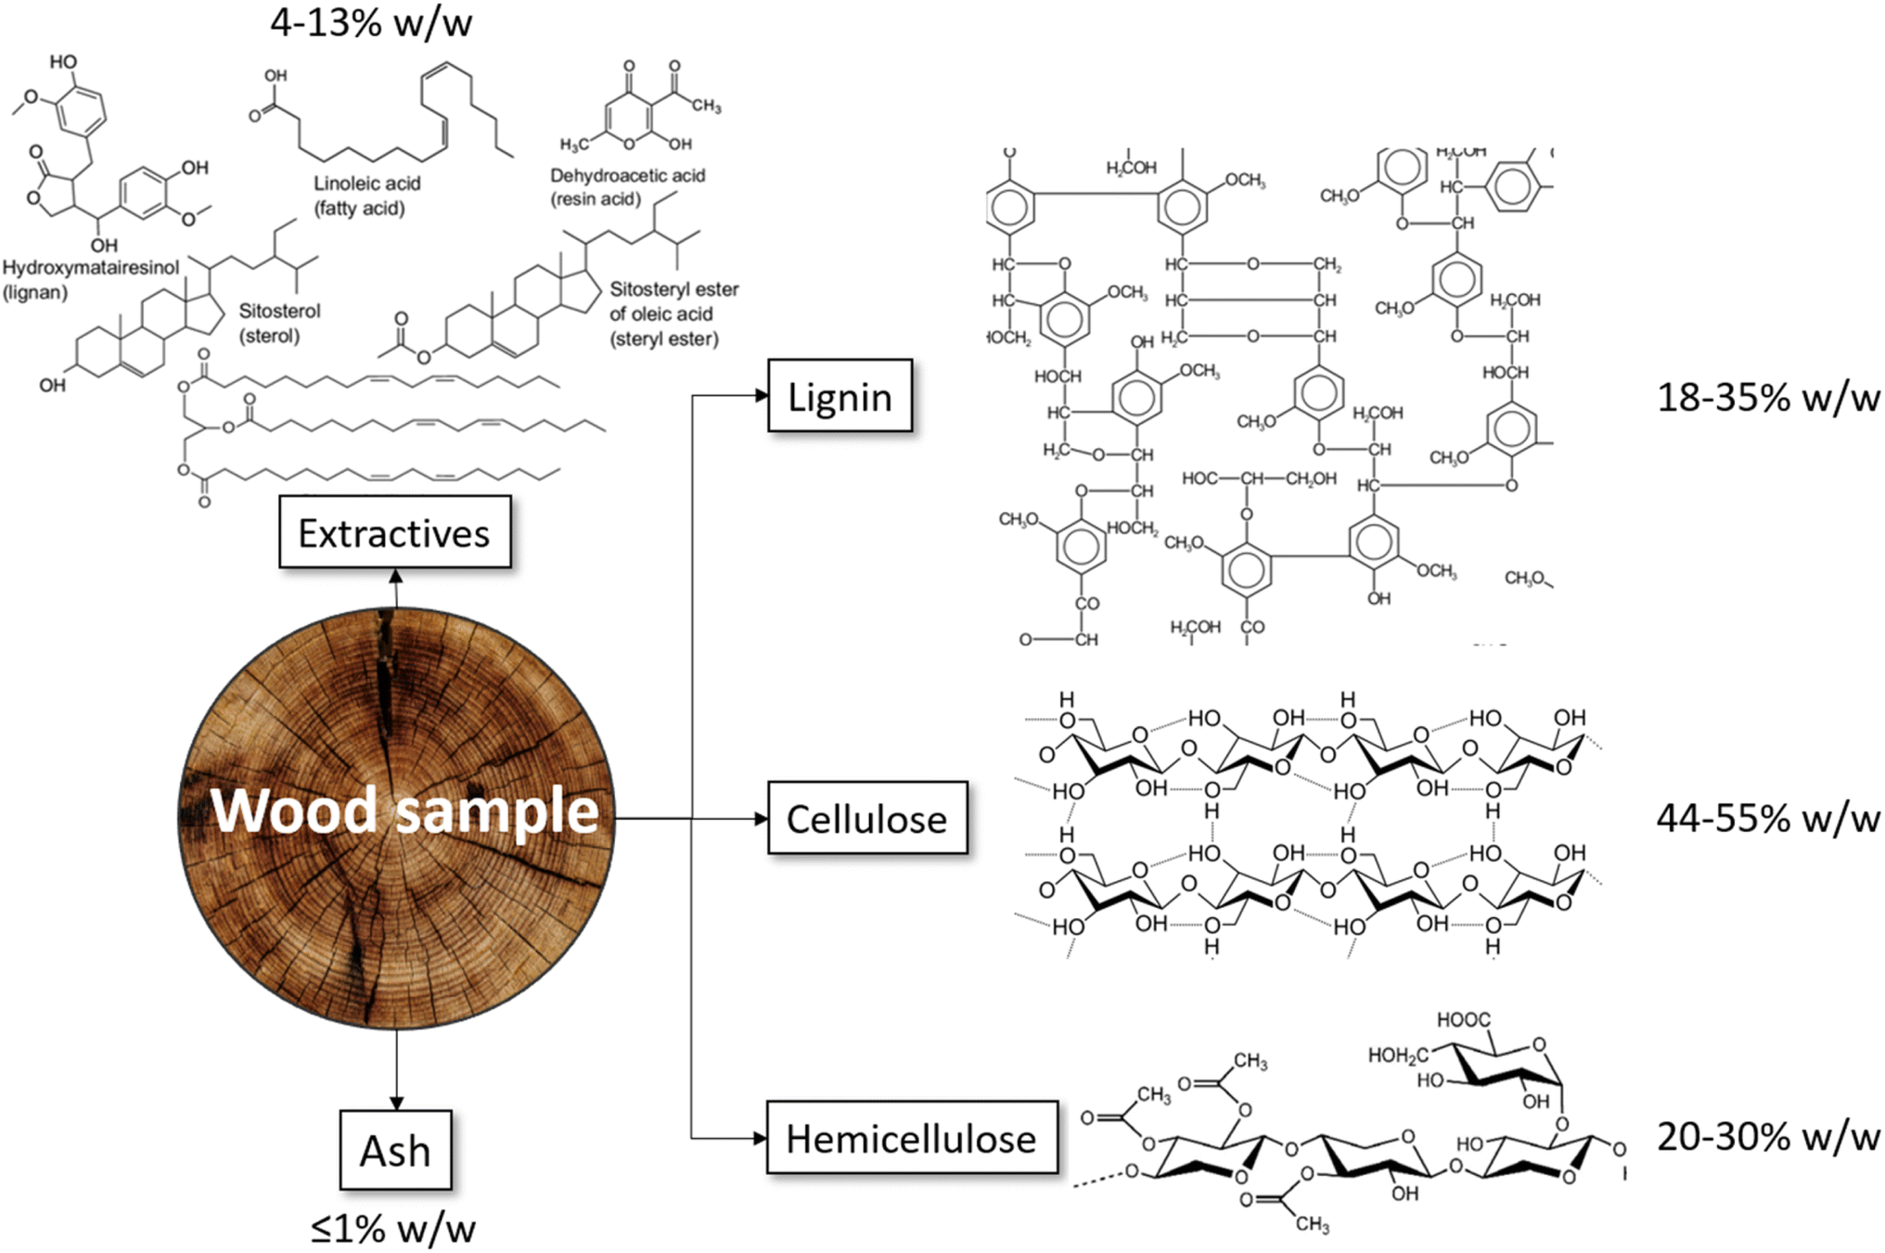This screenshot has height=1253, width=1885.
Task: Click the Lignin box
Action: [840, 396]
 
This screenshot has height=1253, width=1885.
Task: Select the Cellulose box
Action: [867, 818]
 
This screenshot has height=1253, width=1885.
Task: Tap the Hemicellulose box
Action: [912, 1138]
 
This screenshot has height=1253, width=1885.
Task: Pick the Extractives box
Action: [394, 531]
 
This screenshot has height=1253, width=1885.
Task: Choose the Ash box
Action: [395, 1150]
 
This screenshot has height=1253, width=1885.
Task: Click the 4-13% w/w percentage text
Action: [371, 22]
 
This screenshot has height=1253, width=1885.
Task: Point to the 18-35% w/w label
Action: [1768, 398]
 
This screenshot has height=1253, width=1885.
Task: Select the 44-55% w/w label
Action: [1768, 819]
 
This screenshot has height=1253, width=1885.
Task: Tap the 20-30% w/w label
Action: [1768, 1137]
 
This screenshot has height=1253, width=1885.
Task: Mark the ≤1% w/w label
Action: [393, 1229]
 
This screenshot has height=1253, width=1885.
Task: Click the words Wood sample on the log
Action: [404, 810]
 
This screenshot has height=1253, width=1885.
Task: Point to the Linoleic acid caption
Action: [366, 196]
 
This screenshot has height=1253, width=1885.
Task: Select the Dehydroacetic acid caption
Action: [628, 186]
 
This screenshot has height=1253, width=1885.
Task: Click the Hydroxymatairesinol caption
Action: [90, 280]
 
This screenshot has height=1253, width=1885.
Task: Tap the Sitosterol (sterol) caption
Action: [279, 323]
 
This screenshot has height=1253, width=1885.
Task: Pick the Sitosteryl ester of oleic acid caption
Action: [674, 313]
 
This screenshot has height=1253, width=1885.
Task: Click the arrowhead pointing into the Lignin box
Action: [762, 396]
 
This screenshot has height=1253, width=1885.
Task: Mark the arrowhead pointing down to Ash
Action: [396, 1104]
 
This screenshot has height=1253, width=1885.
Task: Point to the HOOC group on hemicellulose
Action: [1463, 1020]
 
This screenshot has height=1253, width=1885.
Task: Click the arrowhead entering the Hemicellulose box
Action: [761, 1138]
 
